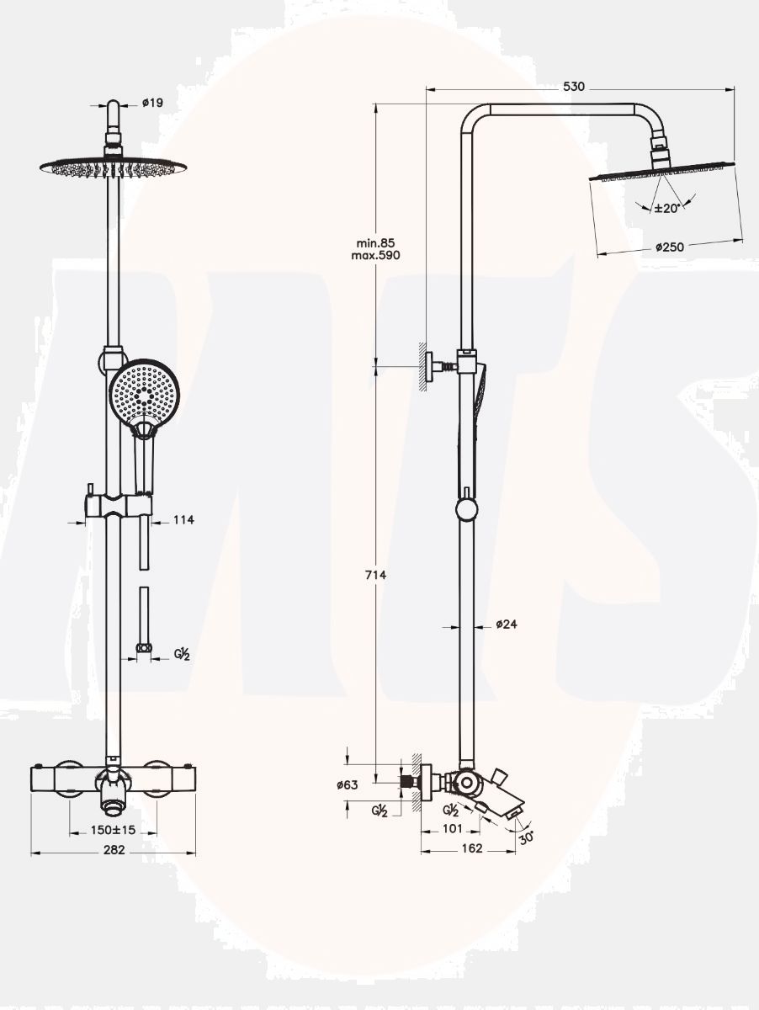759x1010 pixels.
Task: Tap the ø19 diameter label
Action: (152, 102)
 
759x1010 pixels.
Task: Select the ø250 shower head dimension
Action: (670, 247)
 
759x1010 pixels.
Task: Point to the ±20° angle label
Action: (666, 209)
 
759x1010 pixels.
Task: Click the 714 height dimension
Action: (376, 575)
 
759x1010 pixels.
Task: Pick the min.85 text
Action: (376, 243)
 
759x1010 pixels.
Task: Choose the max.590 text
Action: (376, 255)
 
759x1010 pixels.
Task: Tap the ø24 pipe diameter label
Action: (507, 624)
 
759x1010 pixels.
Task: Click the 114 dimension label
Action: (183, 520)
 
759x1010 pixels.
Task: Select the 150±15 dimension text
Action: (113, 830)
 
